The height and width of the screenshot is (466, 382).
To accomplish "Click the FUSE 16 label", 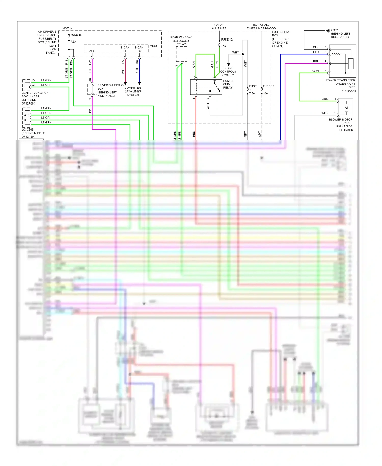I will coord(76,35).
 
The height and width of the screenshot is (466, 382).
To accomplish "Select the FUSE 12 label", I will coord(227,40).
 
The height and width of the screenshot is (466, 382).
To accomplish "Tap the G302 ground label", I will coord(334,30).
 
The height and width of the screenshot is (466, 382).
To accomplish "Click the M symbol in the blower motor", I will coord(346,108).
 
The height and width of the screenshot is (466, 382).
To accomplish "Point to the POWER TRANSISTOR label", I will coord(340,80).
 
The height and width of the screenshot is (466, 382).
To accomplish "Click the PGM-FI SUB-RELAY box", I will coord(206,87).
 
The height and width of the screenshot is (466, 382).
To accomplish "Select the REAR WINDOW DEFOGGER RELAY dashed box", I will coord(182,54).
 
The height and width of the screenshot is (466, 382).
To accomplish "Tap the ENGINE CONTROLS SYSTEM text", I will coord(228,72).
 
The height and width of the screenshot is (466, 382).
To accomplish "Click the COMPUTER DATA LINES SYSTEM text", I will coord(133,91).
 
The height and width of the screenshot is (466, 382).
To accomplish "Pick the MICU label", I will coord(153,46).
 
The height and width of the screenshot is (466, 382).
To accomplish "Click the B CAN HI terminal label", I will coord(125,49).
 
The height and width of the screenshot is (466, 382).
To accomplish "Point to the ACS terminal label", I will coord(92,51).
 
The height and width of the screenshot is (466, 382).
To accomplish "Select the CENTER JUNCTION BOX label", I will coord(35,96).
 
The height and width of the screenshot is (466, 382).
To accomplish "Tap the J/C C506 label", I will coord(28,130).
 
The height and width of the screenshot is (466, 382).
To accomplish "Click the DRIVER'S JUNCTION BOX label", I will coord(111,85).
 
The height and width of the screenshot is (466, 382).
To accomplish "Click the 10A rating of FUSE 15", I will coord(265,93).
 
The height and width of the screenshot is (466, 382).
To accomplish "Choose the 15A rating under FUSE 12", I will coord(224,46).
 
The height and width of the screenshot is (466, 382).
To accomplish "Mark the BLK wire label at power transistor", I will coord(316,47).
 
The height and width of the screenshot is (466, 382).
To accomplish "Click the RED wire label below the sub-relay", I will coord(194,134).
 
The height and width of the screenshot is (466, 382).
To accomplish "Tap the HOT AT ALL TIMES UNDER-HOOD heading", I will coord(261,27).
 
